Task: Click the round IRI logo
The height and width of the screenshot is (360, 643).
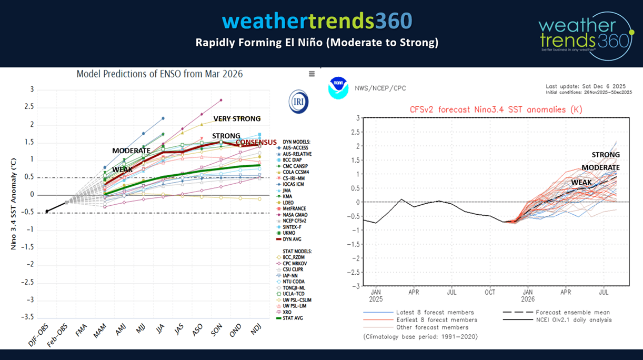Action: point(299,101)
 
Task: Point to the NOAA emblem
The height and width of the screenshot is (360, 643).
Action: point(338,88)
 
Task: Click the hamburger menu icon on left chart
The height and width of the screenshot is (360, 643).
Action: point(312,74)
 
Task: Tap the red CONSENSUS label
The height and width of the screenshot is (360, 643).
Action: point(256,143)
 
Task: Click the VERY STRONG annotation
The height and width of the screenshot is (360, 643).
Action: point(237,118)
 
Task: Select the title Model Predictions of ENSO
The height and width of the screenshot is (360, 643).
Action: point(160,74)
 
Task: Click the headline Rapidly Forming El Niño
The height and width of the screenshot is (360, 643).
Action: point(317,42)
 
